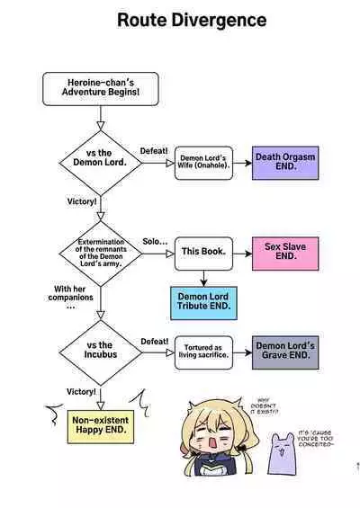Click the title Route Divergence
tap(191, 19)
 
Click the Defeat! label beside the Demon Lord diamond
tap(154, 150)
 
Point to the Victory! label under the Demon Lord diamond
tap(82, 201)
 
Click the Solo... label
tap(155, 242)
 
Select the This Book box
tap(203, 254)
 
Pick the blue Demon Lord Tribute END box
tap(203, 301)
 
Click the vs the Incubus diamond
tap(100, 350)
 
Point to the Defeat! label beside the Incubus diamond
tap(154, 342)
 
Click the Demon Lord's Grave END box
tap(283, 351)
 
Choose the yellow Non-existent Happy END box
tap(99, 425)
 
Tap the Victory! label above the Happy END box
tap(81, 392)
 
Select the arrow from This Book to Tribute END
tap(202, 278)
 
